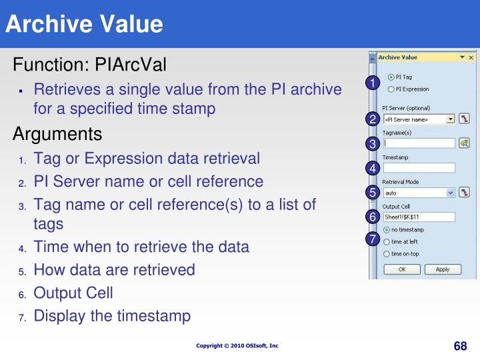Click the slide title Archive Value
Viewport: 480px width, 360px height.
[84, 24]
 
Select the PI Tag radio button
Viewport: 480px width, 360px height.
[391, 77]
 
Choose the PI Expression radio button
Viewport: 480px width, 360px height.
[391, 89]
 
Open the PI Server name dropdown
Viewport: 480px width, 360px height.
[451, 119]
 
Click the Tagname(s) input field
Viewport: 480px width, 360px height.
[419, 143]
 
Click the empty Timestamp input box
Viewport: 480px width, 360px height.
[419, 168]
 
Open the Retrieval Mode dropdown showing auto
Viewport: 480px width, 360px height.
[451, 193]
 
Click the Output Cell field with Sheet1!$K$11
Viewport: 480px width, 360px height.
[419, 217]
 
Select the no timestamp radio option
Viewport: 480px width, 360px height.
[387, 229]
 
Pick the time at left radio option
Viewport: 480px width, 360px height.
[387, 241]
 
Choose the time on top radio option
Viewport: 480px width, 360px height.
[387, 254]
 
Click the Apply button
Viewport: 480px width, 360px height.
[443, 269]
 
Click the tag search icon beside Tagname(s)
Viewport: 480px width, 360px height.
[464, 143]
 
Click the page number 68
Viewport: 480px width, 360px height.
[460, 345]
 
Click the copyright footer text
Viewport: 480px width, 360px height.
[237, 345]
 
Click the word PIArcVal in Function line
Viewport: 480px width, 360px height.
[131, 65]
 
